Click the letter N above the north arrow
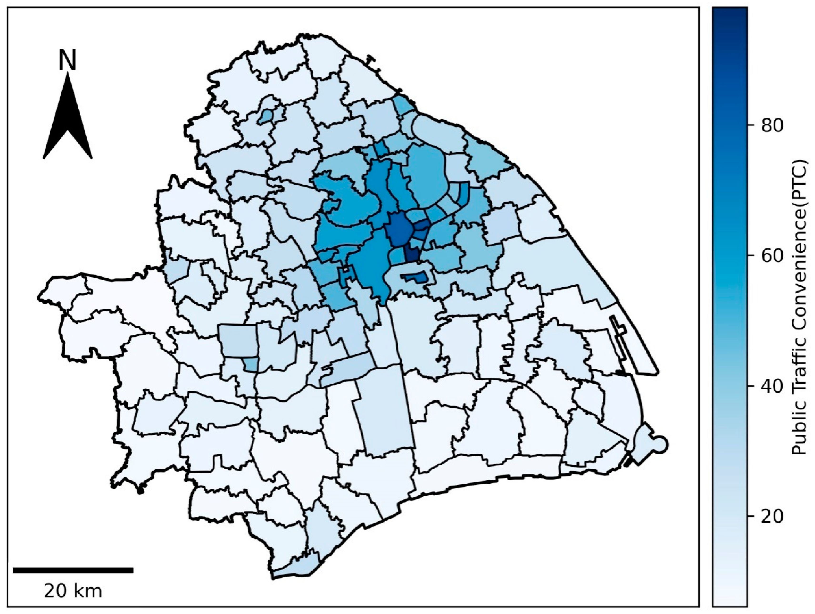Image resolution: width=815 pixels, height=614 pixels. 67,60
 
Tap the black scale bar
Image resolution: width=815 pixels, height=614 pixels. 73,570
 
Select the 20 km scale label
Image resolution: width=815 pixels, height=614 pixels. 73,592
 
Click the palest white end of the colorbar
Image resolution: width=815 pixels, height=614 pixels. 730,601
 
